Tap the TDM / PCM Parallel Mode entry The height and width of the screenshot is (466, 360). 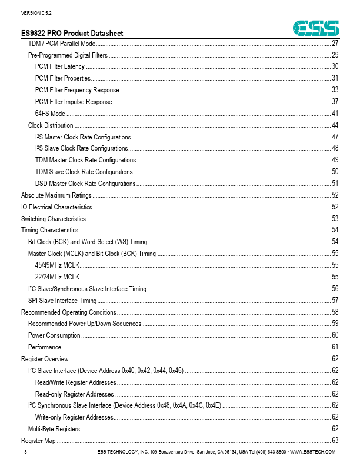[x=62, y=44]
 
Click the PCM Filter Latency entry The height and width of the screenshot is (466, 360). [x=60, y=66]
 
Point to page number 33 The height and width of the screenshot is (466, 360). [x=335, y=90]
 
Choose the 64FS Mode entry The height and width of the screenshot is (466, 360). [x=50, y=114]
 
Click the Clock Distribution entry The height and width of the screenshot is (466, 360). [x=51, y=125]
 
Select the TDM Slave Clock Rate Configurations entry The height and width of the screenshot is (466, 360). [x=84, y=172]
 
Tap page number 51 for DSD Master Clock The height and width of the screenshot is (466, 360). [x=335, y=184]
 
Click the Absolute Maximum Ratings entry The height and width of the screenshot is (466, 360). [x=56, y=195]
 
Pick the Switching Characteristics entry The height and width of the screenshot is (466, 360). [x=53, y=219]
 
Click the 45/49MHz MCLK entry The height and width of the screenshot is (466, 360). [x=57, y=265]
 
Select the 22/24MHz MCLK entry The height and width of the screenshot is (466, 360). [x=57, y=277]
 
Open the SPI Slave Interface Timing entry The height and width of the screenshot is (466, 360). [x=62, y=301]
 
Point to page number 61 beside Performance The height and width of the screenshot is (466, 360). [x=335, y=347]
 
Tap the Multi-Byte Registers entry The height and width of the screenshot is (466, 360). [x=54, y=429]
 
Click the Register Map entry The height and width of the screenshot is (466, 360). [x=38, y=441]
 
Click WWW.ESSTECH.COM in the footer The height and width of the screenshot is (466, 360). [x=312, y=452]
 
